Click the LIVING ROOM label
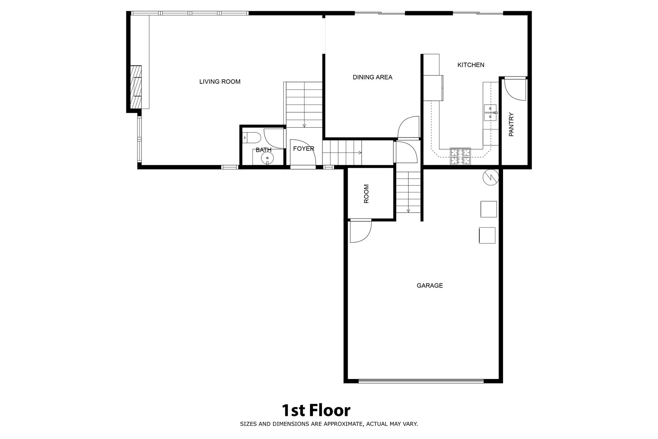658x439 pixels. [220, 82]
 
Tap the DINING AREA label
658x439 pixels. [372, 77]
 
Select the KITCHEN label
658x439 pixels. [471, 65]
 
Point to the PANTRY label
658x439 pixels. [511, 124]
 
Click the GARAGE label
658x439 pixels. [430, 285]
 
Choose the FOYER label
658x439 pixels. [303, 149]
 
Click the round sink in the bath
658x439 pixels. [267, 158]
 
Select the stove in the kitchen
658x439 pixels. [460, 156]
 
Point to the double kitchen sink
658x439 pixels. [490, 112]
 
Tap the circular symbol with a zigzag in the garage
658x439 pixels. [491, 177]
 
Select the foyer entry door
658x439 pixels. [303, 154]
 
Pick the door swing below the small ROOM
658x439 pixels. [360, 231]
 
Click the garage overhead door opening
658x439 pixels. [421, 381]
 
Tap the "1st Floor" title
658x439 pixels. [316, 410]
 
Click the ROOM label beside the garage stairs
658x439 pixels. [366, 194]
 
